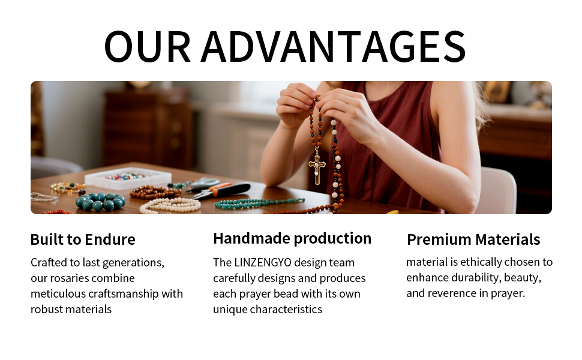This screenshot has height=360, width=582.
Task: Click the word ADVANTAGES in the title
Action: [334, 46]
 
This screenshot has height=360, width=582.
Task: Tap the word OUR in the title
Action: [148, 46]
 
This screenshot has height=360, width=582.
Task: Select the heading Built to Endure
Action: [83, 239]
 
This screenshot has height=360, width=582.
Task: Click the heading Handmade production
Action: [292, 238]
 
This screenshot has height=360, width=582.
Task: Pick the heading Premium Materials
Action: [473, 239]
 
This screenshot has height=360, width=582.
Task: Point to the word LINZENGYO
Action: [263, 262]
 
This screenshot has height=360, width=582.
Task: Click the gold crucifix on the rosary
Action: [317, 169]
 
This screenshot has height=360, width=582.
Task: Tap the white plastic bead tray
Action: [128, 178]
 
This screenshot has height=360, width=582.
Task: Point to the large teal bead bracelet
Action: [100, 202]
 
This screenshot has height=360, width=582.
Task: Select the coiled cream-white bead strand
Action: [170, 205]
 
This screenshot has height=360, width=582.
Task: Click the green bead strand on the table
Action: [260, 203]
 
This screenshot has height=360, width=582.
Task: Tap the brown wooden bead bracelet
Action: [154, 192]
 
